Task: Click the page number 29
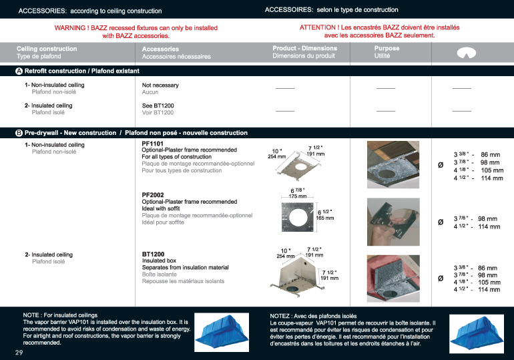click(19, 351)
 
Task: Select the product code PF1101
click(153, 144)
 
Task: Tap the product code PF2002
click(153, 195)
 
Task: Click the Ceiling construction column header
click(47, 49)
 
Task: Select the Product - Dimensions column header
click(304, 49)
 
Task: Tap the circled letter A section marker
click(19, 70)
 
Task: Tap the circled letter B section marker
click(19, 133)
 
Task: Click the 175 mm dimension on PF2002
click(298, 196)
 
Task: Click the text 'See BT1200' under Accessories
click(158, 106)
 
